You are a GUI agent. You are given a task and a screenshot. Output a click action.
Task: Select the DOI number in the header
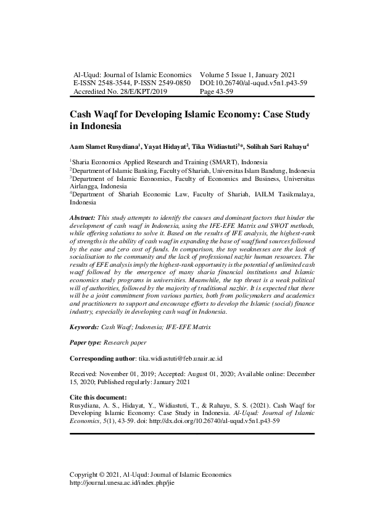click(x=254, y=82)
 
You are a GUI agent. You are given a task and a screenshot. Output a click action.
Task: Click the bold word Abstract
click(x=83, y=218)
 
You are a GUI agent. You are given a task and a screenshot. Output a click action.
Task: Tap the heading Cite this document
click(x=98, y=396)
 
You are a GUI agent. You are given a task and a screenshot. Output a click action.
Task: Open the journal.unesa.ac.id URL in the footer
click(x=123, y=483)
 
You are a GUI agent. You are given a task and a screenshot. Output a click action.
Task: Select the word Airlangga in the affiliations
click(x=84, y=185)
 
